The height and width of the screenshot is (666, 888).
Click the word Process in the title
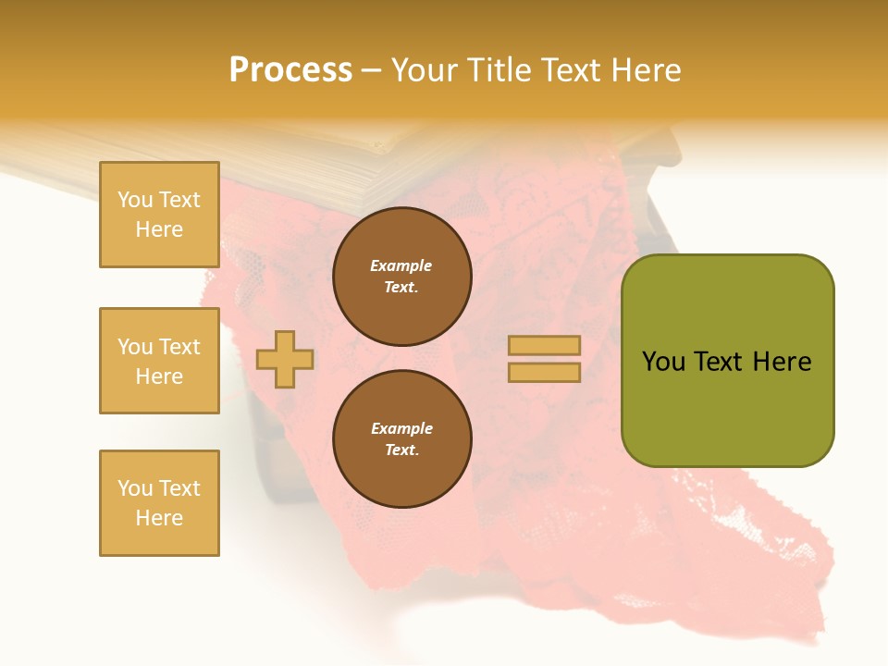click(x=290, y=70)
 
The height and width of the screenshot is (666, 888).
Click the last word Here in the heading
click(x=647, y=70)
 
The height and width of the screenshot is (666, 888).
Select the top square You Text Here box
click(x=159, y=215)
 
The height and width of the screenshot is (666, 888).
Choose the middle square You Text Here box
click(x=159, y=361)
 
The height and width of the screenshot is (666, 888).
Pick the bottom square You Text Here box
click(x=159, y=503)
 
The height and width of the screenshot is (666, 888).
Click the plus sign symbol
click(x=285, y=359)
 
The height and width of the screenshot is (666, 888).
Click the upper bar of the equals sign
click(x=544, y=345)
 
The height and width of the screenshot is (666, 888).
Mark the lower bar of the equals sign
click(x=544, y=373)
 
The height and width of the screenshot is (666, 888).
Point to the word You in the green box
click(x=663, y=362)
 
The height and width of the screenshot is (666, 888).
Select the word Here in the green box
click(x=782, y=362)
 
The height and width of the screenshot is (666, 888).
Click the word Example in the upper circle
click(x=401, y=265)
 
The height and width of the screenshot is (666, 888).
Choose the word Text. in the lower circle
click(x=401, y=450)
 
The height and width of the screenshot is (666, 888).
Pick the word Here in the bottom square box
click(x=159, y=518)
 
